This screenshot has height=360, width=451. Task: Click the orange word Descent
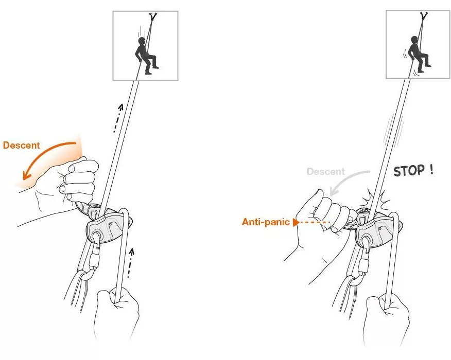(21, 145)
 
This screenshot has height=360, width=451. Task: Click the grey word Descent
(325, 172)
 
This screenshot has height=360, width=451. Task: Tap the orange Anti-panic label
(266, 222)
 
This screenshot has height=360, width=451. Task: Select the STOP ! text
(413, 170)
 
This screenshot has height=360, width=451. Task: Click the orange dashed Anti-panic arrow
(311, 222)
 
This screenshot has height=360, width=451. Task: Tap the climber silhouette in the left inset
(146, 56)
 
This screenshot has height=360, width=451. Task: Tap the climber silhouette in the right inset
(419, 53)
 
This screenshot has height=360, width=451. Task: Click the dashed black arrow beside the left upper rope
(117, 118)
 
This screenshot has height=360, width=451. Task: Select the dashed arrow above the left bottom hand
(130, 263)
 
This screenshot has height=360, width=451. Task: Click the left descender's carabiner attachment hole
(97, 237)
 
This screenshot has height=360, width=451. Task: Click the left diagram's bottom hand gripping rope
(116, 313)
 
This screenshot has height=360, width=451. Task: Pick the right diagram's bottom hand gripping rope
(386, 319)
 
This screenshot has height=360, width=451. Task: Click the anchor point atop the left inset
(152, 17)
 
